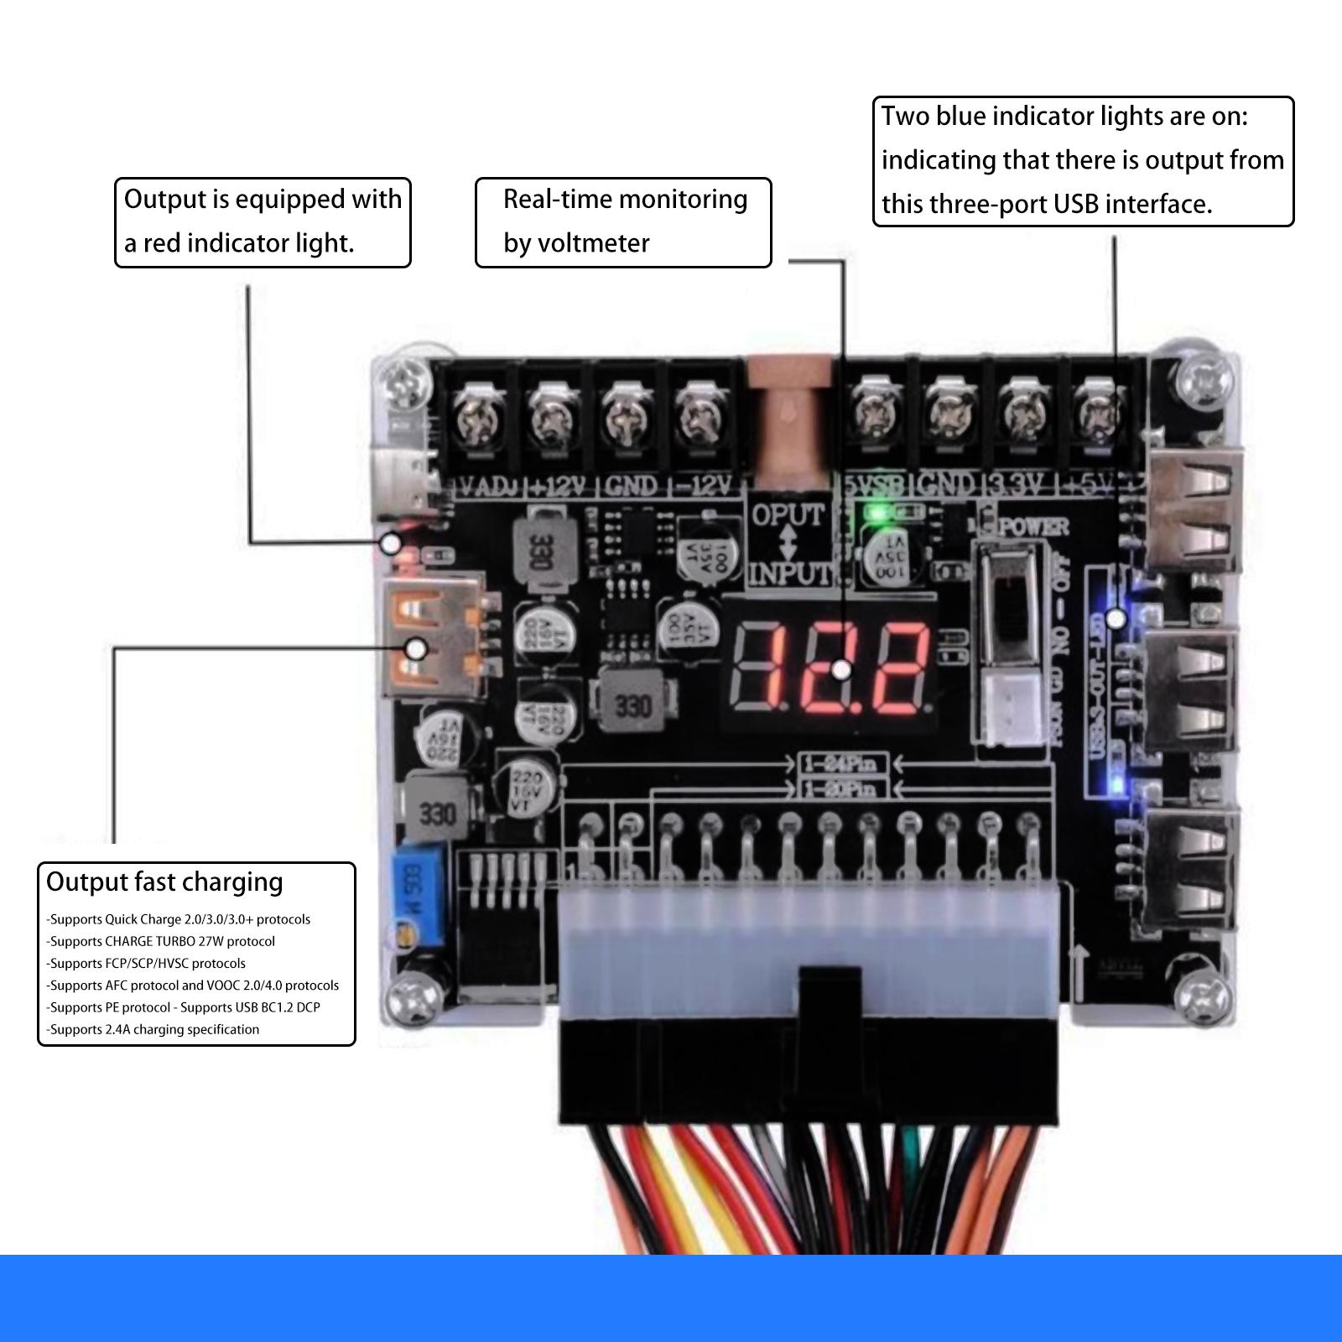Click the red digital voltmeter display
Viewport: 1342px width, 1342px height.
coord(830,668)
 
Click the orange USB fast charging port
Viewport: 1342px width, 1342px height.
coord(434,634)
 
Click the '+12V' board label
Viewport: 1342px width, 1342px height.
coord(559,486)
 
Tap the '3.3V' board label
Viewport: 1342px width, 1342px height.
coord(1017,484)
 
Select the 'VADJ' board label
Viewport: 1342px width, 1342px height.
coord(490,486)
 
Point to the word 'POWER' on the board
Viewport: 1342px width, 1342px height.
coord(1033,527)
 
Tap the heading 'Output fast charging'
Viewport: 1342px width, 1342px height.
coord(164,882)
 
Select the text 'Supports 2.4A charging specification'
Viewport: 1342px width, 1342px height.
coord(154,1029)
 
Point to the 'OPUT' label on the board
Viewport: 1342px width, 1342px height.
coord(788,513)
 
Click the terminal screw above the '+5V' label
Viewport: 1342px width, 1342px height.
coord(1096,415)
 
